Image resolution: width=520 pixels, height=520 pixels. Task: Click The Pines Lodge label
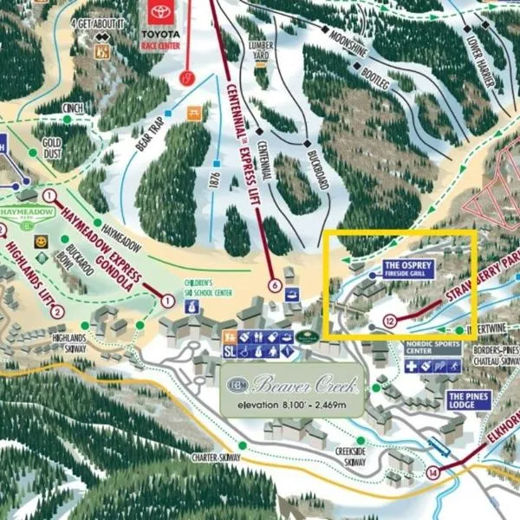[x=468, y=400]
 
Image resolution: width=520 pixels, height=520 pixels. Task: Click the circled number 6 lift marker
[x=275, y=285]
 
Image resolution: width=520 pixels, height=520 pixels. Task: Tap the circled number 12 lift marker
[x=390, y=321]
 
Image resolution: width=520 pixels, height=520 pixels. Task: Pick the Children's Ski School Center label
[x=209, y=287]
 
